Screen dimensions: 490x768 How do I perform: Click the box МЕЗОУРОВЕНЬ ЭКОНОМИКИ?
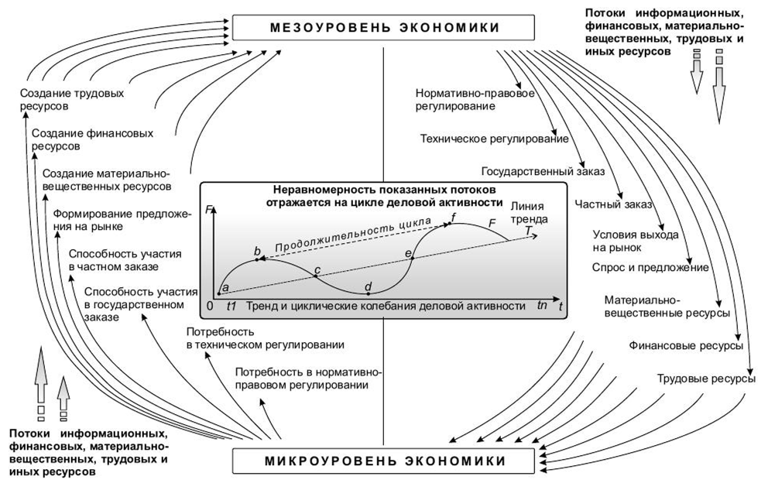point(384,27)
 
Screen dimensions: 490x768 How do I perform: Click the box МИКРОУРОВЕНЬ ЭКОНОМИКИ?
point(384,461)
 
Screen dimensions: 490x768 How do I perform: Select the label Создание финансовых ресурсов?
point(76,139)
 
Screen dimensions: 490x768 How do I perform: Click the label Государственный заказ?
point(542,171)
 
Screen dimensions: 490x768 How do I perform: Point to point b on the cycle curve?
point(258,260)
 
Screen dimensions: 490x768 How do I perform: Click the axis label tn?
point(542,306)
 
